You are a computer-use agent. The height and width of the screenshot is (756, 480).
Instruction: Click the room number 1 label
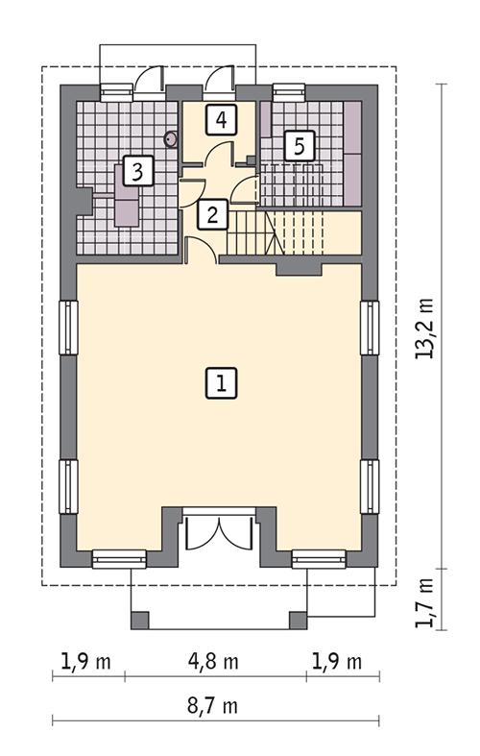pyautogui.click(x=221, y=384)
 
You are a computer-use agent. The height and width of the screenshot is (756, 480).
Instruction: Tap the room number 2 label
pyautogui.click(x=212, y=214)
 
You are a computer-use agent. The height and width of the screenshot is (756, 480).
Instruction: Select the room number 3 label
pyautogui.click(x=139, y=173)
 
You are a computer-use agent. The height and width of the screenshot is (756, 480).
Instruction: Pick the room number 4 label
pyautogui.click(x=221, y=121)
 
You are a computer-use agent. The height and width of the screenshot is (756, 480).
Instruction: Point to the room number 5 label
pyautogui.click(x=299, y=146)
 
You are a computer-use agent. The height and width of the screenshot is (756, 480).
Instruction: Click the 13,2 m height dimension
pyautogui.click(x=424, y=327)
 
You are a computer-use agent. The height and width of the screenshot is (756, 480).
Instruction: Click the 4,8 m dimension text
pyautogui.click(x=215, y=662)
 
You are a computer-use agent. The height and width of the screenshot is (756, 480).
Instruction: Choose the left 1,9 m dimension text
pyautogui.click(x=87, y=662)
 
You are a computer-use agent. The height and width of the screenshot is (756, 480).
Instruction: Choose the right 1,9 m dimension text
pyautogui.click(x=336, y=662)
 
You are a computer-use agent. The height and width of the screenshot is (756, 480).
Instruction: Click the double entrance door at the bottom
pyautogui.click(x=219, y=531)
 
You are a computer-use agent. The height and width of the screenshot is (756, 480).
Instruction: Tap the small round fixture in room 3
pyautogui.click(x=171, y=138)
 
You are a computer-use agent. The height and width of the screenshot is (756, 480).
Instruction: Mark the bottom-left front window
pyautogui.click(x=119, y=557)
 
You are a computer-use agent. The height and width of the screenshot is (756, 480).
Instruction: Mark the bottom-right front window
pyautogui.click(x=319, y=557)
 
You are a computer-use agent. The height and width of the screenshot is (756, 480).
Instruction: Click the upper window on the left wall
pyautogui.click(x=68, y=329)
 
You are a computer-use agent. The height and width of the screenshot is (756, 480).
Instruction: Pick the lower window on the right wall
pyautogui.click(x=371, y=487)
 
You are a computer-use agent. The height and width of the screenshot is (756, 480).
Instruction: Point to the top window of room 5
pyautogui.click(x=287, y=92)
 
